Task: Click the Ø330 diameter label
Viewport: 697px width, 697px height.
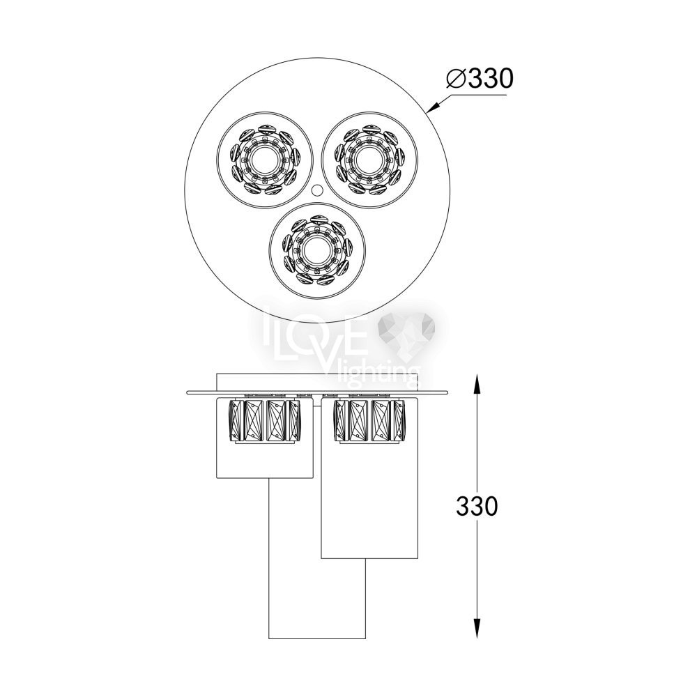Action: (480, 79)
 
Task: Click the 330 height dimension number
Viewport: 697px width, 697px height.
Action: (477, 506)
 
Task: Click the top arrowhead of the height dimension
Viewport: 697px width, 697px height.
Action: (477, 383)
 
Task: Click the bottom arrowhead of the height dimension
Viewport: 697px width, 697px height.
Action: (477, 629)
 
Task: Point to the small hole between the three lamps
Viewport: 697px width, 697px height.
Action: (317, 190)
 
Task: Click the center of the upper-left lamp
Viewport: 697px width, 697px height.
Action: (264, 159)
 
